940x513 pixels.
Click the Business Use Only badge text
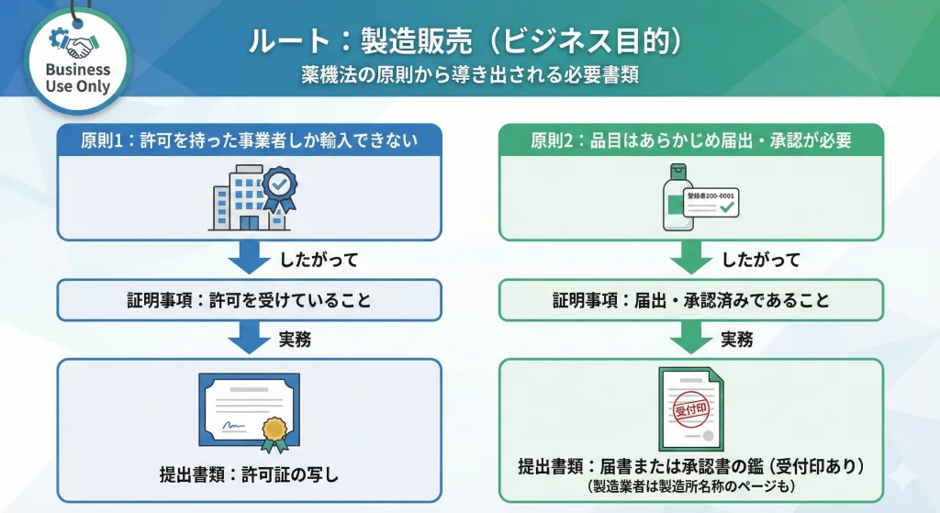78,79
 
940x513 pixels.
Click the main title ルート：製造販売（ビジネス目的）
470,43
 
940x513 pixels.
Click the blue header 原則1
250,140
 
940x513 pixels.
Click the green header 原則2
691,140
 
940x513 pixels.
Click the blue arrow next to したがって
250,259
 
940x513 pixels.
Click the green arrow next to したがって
691,259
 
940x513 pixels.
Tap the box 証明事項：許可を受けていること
250,300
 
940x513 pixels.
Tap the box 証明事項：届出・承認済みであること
691,300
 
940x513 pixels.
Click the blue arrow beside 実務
250,339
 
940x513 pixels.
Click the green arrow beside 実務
691,339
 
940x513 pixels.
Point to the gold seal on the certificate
273,431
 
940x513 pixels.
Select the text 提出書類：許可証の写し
250,474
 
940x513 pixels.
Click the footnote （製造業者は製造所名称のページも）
691,485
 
